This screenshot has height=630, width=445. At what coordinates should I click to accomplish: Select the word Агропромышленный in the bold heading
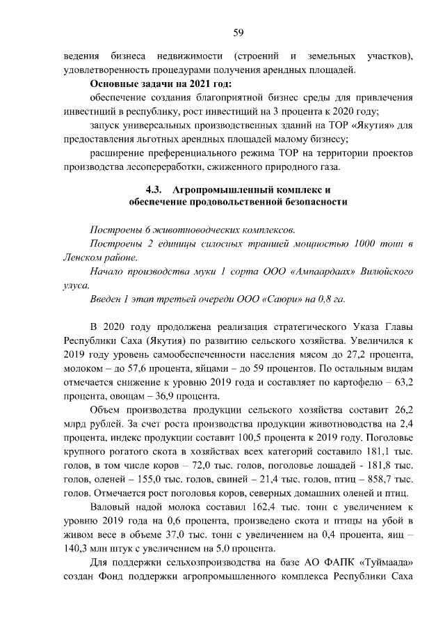coord(227,189)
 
